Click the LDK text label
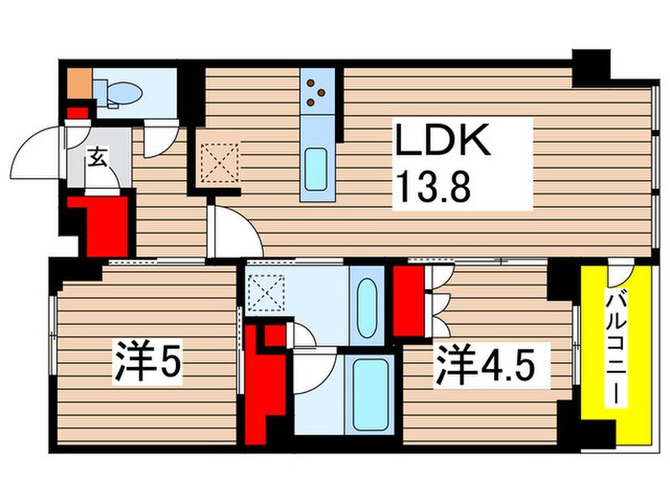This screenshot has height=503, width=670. click(x=445, y=144)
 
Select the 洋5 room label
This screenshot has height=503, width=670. click(x=148, y=365)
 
